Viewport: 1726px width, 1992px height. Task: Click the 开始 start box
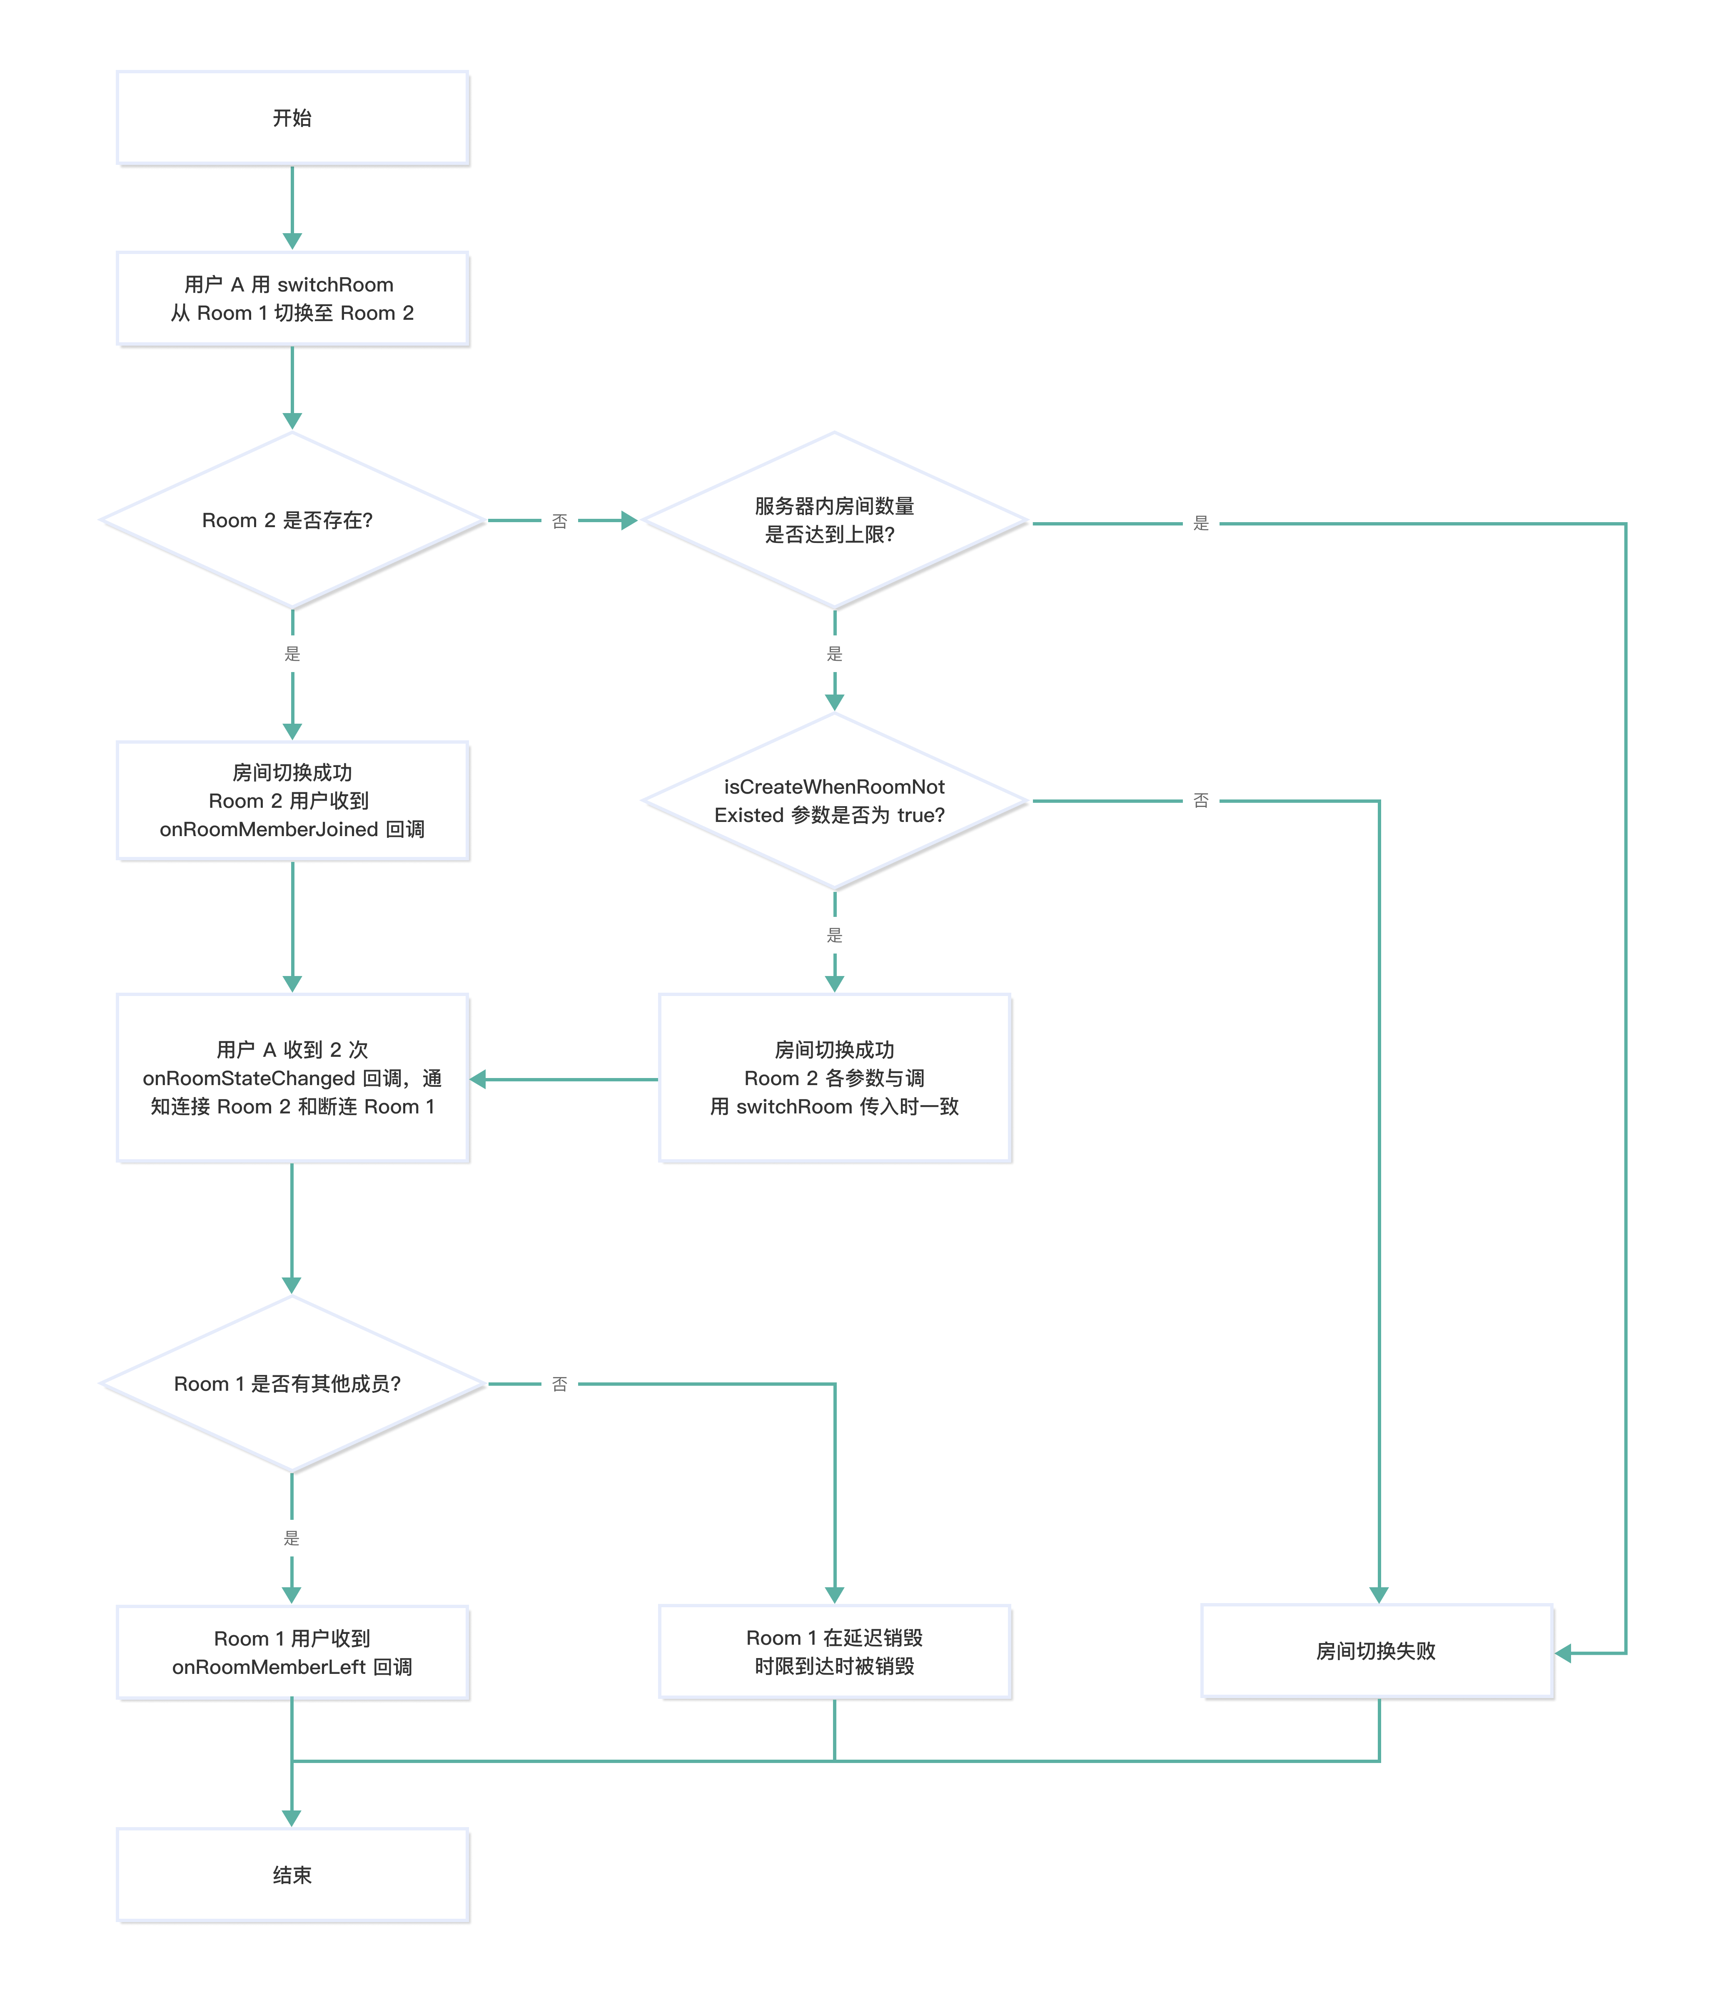[292, 117]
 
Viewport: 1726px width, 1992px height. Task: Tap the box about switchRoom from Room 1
[292, 299]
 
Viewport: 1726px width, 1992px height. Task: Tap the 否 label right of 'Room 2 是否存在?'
[560, 521]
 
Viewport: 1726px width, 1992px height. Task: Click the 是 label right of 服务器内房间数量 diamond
[1201, 523]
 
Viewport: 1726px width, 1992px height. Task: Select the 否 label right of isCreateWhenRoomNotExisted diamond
[1201, 800]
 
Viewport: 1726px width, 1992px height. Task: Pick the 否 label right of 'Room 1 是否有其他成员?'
[560, 1384]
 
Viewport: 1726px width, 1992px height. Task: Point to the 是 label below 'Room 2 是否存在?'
[292, 654]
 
